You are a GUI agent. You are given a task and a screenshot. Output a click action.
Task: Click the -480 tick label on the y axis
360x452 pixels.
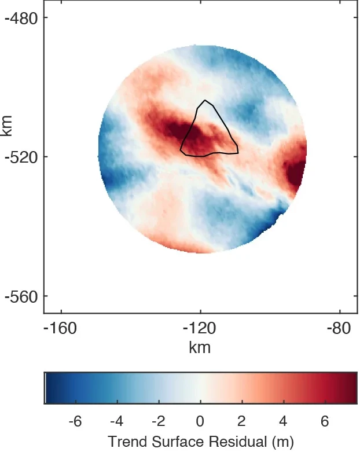[21, 17]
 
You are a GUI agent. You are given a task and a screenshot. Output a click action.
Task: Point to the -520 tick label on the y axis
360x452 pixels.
[21, 157]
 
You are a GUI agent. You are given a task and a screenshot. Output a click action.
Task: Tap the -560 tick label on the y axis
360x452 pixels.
[21, 296]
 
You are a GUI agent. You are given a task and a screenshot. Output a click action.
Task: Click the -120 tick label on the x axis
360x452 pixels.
[200, 329]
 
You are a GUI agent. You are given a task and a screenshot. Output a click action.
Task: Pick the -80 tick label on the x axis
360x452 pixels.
[339, 329]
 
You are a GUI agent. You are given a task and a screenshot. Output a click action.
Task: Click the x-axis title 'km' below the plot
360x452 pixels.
[200, 347]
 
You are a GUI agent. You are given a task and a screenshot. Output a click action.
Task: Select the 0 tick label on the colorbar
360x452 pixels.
[200, 421]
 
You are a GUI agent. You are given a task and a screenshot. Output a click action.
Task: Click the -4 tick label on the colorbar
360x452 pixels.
[116, 421]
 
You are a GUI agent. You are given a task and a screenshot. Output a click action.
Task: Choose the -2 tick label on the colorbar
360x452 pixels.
[158, 421]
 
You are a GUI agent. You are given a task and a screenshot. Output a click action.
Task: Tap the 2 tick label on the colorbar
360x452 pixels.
[242, 421]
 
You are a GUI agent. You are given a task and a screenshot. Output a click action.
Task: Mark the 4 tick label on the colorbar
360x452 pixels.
[284, 421]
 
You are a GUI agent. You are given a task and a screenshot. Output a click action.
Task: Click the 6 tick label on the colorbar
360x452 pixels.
[325, 421]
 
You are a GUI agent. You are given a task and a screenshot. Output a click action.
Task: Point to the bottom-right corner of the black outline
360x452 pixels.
[238, 153]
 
